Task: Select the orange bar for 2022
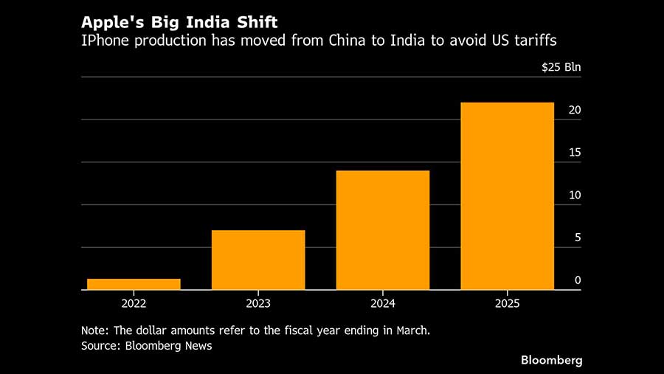[x=134, y=284]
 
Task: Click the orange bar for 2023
[x=258, y=260]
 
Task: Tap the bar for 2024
[x=382, y=230]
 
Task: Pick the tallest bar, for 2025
[x=507, y=195]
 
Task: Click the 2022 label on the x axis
[x=134, y=303]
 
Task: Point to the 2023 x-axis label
[x=258, y=303]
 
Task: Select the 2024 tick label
[x=382, y=303]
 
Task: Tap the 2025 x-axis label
[x=507, y=303]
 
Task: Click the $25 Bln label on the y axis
[x=561, y=67]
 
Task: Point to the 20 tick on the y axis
[x=575, y=110]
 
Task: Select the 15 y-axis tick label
[x=575, y=153]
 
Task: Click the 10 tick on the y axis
[x=575, y=195]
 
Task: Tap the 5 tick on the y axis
[x=578, y=238]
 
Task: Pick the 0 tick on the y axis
[x=578, y=280]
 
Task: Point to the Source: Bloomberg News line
[x=146, y=345]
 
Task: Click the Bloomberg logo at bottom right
[x=552, y=360]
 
